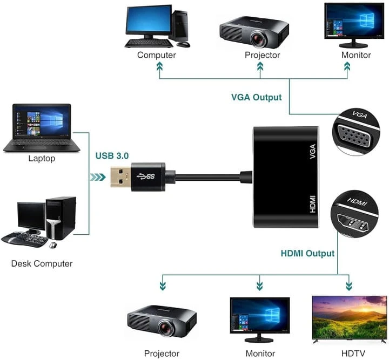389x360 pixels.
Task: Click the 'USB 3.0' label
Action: point(112,155)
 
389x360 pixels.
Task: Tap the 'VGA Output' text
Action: point(256,97)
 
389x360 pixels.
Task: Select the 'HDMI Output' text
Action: point(307,253)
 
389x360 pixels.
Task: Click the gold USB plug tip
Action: point(121,176)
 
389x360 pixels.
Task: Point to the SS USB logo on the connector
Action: point(146,176)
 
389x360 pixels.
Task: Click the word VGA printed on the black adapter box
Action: point(313,151)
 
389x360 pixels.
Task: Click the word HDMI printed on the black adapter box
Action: point(313,204)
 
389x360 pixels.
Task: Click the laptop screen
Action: point(42,121)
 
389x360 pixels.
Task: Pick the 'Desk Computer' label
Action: point(42,263)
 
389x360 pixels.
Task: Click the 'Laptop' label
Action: point(42,158)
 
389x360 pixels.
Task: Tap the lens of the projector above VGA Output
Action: point(258,38)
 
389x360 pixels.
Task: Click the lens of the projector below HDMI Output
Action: point(166,327)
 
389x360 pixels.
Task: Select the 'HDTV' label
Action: point(353,353)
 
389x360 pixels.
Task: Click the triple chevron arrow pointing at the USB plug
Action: point(98,177)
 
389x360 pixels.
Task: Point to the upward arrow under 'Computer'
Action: point(159,70)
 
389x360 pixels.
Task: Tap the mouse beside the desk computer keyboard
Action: point(53,245)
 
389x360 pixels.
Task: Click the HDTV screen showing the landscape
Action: point(350,317)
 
